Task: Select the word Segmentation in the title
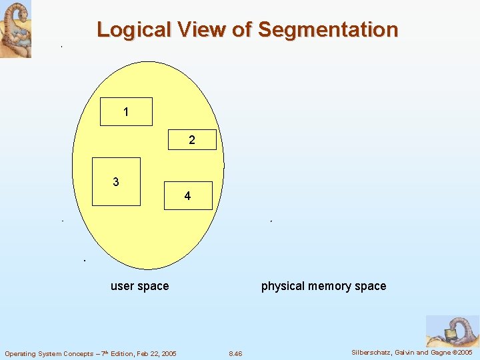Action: (327, 30)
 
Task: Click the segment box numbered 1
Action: (126, 112)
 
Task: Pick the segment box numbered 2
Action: (192, 140)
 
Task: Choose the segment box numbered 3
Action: (116, 181)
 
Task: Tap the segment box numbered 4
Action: (188, 196)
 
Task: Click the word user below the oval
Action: (122, 286)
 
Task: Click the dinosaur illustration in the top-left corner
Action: (15, 29)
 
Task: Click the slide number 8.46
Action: (235, 353)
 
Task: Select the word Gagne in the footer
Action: (440, 353)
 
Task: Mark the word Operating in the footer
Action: (21, 353)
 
